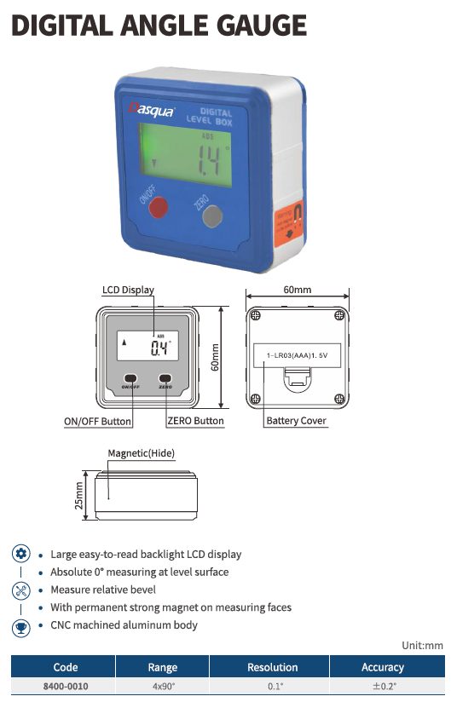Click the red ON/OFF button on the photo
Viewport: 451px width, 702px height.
(159, 207)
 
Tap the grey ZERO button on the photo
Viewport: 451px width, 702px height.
(212, 216)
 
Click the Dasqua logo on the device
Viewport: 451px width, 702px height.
(152, 109)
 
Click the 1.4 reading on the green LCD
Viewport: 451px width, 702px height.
(209, 160)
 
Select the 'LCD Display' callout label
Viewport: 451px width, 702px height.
(128, 290)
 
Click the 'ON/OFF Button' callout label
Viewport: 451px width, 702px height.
(98, 422)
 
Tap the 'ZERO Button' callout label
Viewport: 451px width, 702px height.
(195, 421)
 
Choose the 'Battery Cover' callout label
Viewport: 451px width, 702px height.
(296, 421)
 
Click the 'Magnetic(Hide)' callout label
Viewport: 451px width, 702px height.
(141, 453)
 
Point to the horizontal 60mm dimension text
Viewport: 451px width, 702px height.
(297, 290)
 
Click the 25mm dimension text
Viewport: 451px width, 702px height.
(78, 496)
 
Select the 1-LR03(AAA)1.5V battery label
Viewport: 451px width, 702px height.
(297, 355)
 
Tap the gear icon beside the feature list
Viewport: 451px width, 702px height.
(21, 554)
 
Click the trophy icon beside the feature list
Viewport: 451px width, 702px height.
(21, 627)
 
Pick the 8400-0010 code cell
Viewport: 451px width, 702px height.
(66, 687)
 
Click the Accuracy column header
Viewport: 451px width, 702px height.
(383, 667)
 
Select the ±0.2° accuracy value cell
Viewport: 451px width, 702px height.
(385, 686)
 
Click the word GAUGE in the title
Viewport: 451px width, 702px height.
(262, 26)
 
